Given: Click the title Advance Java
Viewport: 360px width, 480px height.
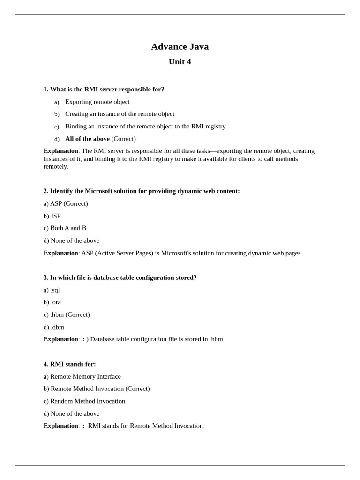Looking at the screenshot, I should coord(180,46).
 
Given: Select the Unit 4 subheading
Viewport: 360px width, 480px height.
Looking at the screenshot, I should coord(180,62).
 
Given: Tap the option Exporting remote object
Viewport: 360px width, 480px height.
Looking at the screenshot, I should coord(97,102).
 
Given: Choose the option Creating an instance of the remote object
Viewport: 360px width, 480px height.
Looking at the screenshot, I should coord(120,114).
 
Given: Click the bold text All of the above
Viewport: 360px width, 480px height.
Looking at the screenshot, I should coord(87,139).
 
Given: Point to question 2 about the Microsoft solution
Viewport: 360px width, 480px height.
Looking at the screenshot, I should coord(142,191).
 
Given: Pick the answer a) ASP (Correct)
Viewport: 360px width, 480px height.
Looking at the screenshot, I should coord(66,203).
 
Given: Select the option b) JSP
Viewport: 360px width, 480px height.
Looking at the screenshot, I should coord(52,216).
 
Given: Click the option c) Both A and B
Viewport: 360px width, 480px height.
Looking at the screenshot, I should coord(65,228).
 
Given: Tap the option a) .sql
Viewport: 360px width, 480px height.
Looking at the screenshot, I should coord(52,290).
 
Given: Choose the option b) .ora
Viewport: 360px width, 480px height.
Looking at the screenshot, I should coord(52,302).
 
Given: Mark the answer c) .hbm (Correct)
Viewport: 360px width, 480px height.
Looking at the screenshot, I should coord(67,315).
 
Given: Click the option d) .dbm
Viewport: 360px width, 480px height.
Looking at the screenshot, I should coord(54,327).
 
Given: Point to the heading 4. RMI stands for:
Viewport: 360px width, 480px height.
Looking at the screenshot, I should coord(70,364).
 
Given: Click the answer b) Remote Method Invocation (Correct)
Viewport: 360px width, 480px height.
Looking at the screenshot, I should coord(97,389).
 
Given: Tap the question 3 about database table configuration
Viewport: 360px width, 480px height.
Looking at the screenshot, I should coord(120,277).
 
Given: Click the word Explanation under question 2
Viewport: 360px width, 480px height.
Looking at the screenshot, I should coord(61,253).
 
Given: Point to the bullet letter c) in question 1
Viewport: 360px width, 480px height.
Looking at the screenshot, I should coord(57,127).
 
